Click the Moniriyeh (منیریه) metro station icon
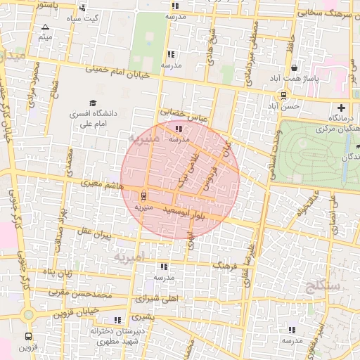click(x=144, y=195)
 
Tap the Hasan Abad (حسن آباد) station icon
click(x=284, y=96)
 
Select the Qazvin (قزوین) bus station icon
click(x=28, y=336)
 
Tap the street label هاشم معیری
click(x=103, y=186)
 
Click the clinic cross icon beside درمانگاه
click(x=342, y=108)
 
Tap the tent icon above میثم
click(x=46, y=26)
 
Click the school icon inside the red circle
click(x=179, y=129)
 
